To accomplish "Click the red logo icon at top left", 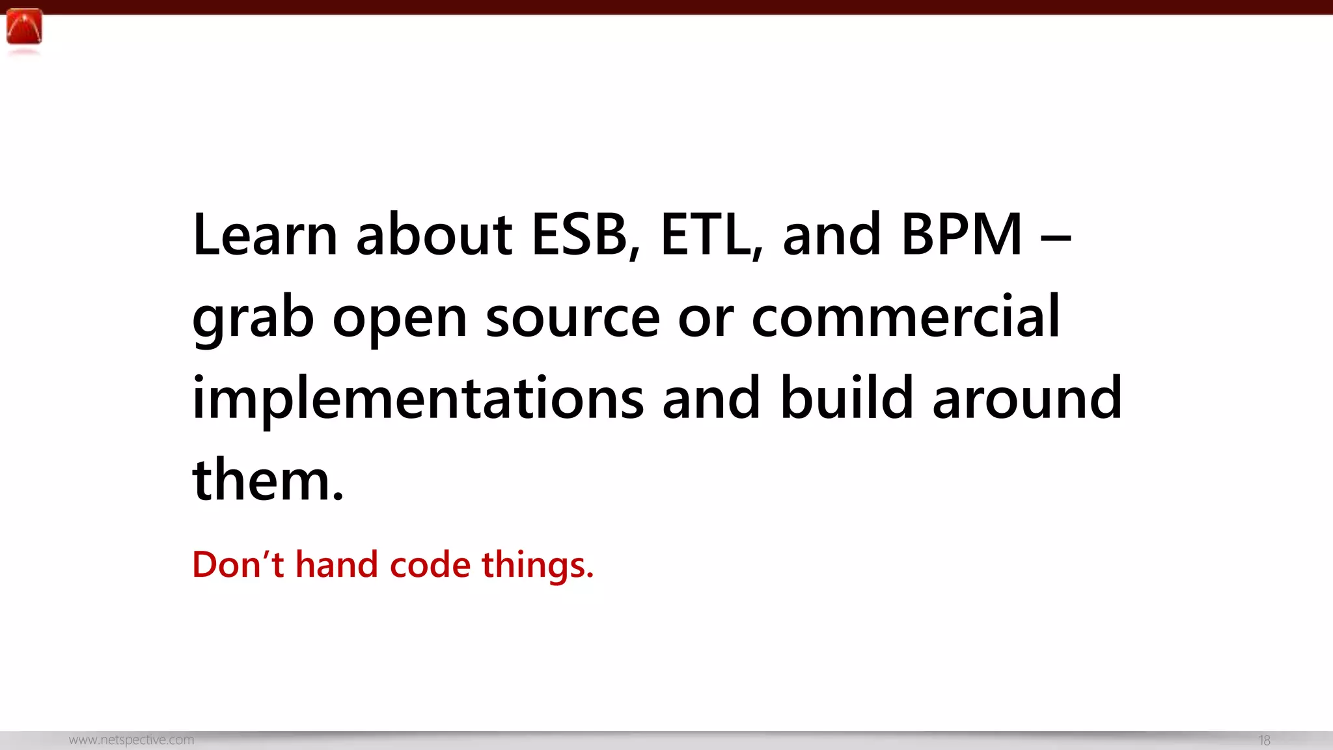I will click(x=24, y=27).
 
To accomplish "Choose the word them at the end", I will click(x=268, y=480).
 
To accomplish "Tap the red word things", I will click(x=537, y=565).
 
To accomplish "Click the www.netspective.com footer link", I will click(x=131, y=740).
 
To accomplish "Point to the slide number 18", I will click(x=1264, y=740).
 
